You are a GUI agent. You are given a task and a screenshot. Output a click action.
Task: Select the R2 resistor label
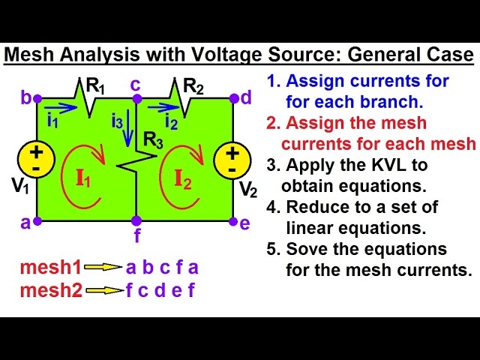(193, 87)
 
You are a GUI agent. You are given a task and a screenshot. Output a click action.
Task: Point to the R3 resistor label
(154, 139)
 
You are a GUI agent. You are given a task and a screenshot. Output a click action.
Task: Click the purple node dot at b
(37, 98)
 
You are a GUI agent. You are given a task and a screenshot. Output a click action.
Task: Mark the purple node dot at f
(136, 220)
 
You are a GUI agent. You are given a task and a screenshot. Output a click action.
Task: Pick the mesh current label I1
(82, 179)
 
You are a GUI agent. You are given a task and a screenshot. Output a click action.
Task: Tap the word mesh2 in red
(51, 289)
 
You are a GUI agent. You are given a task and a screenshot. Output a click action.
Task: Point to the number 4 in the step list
(273, 207)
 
